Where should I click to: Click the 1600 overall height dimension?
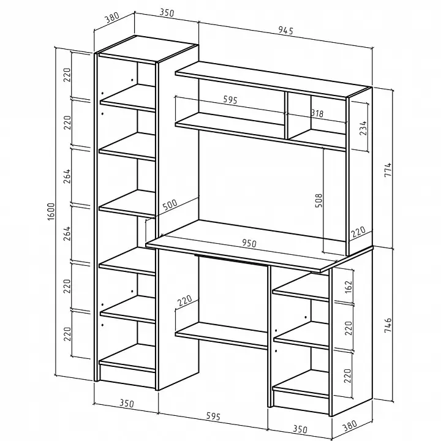click(x=51, y=211)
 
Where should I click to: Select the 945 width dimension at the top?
click(x=286, y=30)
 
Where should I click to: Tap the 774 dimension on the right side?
click(x=388, y=169)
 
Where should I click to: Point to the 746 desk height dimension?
click(x=388, y=325)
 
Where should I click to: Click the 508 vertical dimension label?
click(x=318, y=200)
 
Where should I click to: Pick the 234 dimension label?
click(x=363, y=128)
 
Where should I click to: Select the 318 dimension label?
click(x=317, y=113)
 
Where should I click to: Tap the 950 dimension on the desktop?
click(x=249, y=243)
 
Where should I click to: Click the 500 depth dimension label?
click(x=170, y=205)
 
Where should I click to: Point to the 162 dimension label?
click(x=348, y=287)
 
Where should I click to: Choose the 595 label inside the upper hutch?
click(x=230, y=100)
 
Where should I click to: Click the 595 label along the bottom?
click(x=213, y=416)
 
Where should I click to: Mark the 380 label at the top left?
click(x=112, y=17)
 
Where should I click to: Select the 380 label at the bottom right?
click(x=350, y=426)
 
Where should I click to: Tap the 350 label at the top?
click(x=167, y=13)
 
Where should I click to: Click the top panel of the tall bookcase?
click(x=148, y=48)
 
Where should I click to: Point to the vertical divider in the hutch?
click(x=286, y=115)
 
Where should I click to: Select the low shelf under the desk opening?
click(x=221, y=336)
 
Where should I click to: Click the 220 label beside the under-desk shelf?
click(x=185, y=300)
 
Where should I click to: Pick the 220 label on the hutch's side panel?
click(x=358, y=232)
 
